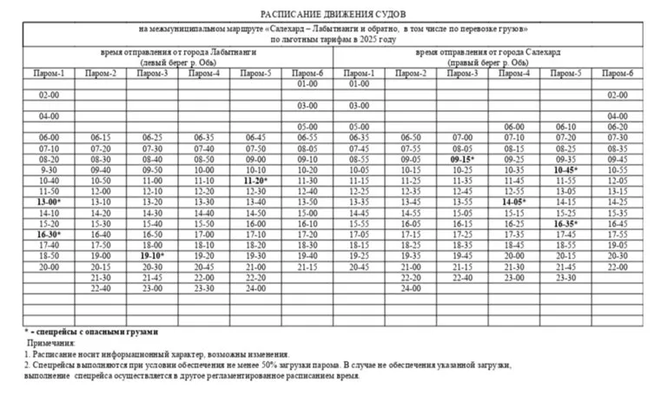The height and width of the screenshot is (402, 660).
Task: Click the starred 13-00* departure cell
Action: tap(49, 201)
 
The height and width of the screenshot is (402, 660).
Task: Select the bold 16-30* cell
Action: tap(49, 234)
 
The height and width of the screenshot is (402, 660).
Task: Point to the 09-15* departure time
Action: tap(461, 159)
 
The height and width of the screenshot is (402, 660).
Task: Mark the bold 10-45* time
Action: tap(565, 169)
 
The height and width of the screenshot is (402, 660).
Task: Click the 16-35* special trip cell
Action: tap(565, 223)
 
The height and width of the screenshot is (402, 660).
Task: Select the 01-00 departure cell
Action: tap(307, 84)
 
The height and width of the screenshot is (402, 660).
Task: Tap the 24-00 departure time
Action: tap(255, 287)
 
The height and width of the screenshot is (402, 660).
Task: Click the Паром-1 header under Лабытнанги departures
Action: tap(49, 73)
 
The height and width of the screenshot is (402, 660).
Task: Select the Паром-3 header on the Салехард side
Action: tap(462, 73)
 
